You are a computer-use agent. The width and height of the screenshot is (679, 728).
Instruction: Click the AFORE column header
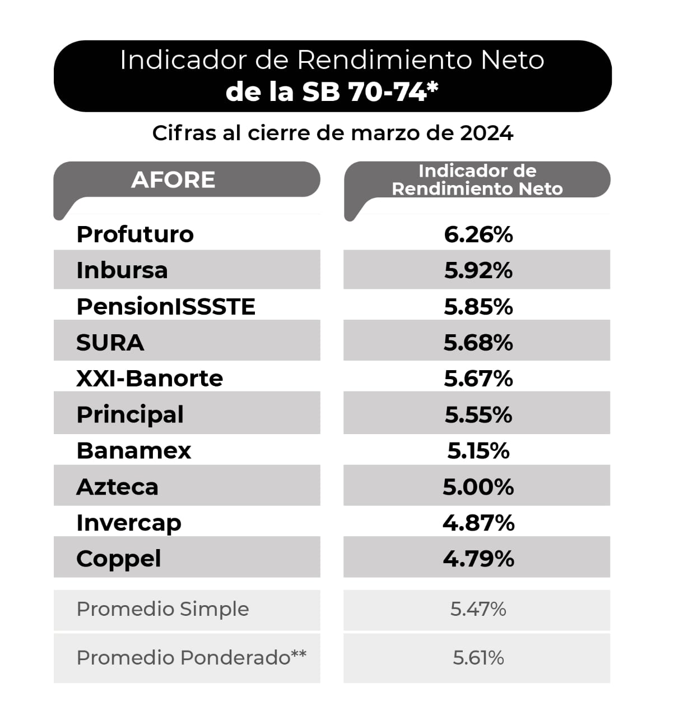coord(173,180)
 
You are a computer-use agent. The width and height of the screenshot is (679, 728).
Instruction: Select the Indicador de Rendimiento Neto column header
coord(477,179)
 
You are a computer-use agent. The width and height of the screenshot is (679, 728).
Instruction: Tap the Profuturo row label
coord(135,234)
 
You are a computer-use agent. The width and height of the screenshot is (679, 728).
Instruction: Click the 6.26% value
coord(478,234)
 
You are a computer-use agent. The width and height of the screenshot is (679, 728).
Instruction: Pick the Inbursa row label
coord(122,270)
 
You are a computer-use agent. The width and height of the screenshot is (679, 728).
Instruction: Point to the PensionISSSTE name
coord(166,307)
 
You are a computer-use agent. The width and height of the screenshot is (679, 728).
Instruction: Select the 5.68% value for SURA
coord(478,343)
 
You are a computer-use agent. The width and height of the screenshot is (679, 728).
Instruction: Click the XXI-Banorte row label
coord(150,379)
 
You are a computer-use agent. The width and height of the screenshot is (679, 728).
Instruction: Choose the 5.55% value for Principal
coord(478,415)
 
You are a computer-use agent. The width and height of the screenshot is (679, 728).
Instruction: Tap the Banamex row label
coord(134,451)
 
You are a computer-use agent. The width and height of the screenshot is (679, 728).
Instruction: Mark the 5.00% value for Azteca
coord(478,487)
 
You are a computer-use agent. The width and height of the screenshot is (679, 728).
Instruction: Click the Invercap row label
coord(129,523)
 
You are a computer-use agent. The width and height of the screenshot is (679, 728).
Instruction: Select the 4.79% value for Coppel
coord(478,559)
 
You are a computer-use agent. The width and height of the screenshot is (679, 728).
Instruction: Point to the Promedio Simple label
coord(162,609)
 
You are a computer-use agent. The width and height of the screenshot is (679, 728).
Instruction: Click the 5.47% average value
coord(478,609)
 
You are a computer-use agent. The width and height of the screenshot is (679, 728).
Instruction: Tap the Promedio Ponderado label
coord(191,657)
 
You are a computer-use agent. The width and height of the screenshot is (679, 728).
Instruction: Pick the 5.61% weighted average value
coord(478,657)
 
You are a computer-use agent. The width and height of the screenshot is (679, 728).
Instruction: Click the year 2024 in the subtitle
coord(486,133)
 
